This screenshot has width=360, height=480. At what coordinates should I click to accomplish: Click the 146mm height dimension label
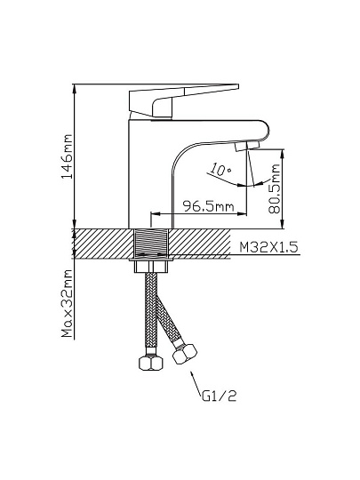[x=67, y=156]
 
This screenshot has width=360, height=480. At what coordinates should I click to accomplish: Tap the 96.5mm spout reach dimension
[x=208, y=206]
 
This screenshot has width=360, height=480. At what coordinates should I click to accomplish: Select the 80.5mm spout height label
[x=274, y=188]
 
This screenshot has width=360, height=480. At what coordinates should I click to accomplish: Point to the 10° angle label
[x=220, y=170]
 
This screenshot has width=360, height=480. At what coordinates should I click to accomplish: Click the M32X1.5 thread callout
[x=268, y=247]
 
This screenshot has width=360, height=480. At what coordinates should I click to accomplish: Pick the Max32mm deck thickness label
[x=67, y=303]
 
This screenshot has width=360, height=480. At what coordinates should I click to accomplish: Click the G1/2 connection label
[x=220, y=396]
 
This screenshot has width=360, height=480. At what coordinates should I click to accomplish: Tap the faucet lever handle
[x=184, y=100]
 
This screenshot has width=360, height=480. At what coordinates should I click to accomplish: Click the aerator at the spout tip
[x=247, y=146]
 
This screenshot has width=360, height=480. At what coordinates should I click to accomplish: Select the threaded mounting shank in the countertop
[x=151, y=244]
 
